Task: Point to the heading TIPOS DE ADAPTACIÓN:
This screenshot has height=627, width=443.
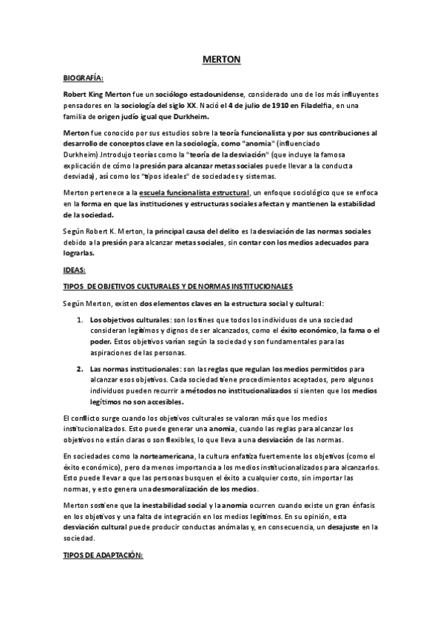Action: pyautogui.click(x=104, y=554)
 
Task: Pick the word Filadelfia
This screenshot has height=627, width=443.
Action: pyautogui.click(x=314, y=106)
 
